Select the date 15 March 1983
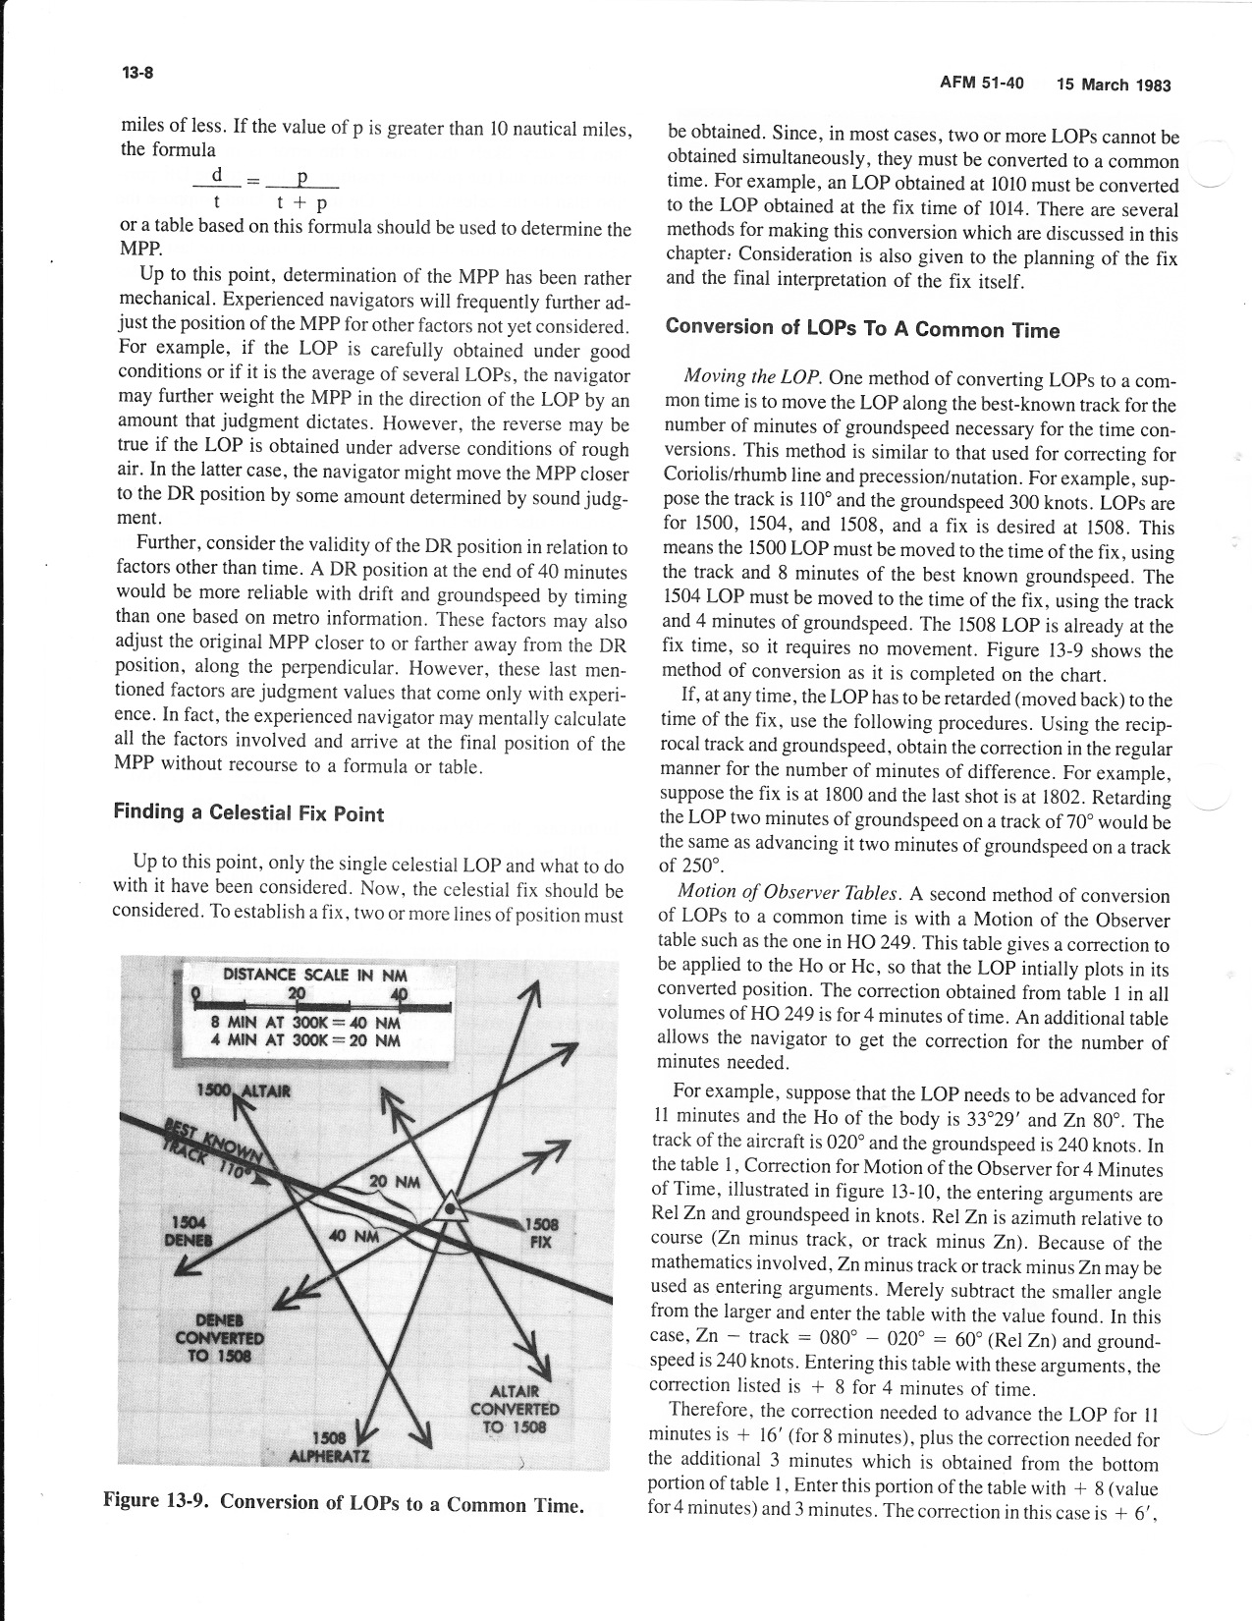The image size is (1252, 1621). (1114, 84)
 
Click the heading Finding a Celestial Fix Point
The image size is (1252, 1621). (248, 812)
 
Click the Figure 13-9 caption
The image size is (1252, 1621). (344, 1504)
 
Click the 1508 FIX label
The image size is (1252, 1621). (541, 1233)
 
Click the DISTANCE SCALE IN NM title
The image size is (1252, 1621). (315, 975)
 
